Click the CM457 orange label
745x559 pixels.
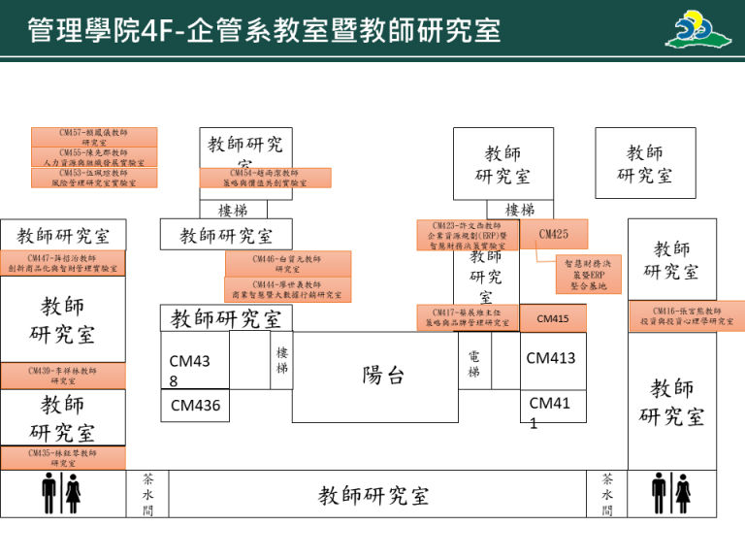tap(94, 137)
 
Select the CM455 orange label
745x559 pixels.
tap(94, 157)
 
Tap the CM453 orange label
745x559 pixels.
tap(94, 178)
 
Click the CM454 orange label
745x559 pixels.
tap(265, 178)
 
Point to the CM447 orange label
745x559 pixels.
tap(62, 263)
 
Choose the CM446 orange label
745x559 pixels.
tap(287, 264)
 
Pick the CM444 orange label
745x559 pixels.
tap(287, 289)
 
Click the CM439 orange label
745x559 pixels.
tap(62, 376)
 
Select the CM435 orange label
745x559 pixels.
tap(62, 458)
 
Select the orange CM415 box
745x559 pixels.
tap(553, 319)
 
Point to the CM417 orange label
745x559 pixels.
tap(468, 318)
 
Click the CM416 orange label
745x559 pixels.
tap(687, 316)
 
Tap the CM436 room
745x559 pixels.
tap(195, 407)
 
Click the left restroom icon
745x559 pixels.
tap(61, 494)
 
